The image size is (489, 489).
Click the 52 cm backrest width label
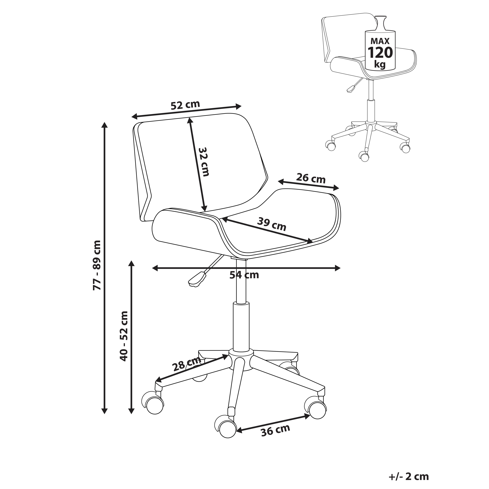185,105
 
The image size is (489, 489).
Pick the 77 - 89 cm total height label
97,265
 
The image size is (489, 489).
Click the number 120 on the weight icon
380,53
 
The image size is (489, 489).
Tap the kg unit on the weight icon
380,65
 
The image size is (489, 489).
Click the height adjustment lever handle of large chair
197,279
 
